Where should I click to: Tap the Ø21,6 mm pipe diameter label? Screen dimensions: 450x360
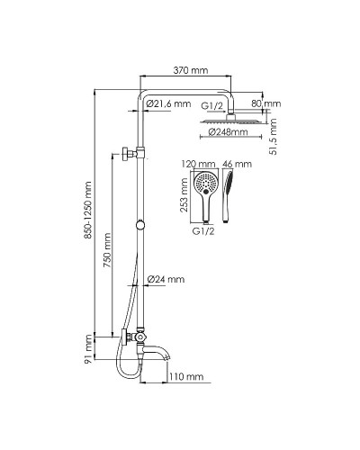pos(169,104)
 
